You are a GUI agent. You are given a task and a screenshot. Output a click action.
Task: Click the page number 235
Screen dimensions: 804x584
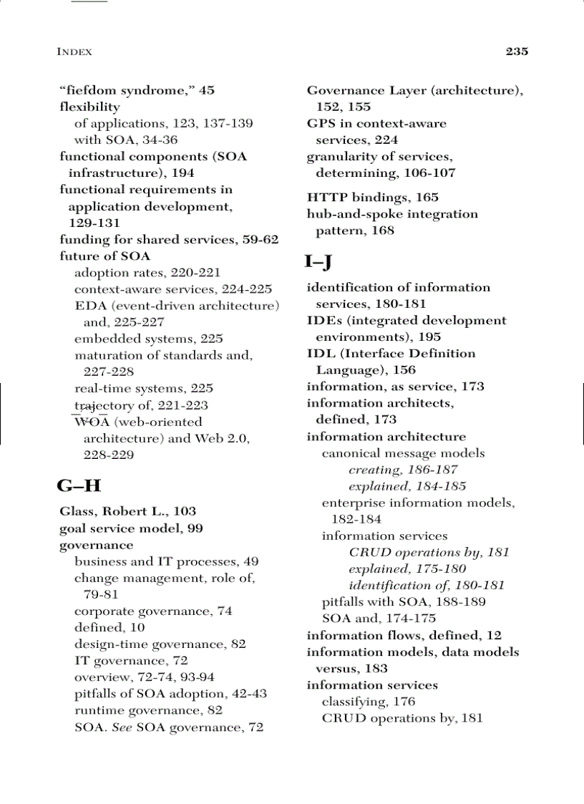(517, 52)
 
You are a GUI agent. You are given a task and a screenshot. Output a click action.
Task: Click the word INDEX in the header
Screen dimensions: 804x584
(74, 52)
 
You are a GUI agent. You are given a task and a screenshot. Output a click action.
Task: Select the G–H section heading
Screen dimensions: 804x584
(79, 487)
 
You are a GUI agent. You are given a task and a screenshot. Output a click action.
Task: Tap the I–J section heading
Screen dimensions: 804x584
(318, 262)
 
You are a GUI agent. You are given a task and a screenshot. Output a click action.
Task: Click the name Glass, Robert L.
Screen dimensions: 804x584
(113, 511)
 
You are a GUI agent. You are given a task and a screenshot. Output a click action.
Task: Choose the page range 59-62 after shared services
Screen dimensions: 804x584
(260, 240)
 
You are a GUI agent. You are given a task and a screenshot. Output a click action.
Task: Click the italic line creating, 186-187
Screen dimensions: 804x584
(403, 470)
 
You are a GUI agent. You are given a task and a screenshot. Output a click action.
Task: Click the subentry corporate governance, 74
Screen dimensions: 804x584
(153, 611)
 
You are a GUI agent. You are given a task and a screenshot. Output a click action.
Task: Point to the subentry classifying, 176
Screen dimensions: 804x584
(368, 702)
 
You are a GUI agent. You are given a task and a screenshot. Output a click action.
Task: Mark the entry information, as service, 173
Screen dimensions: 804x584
(395, 387)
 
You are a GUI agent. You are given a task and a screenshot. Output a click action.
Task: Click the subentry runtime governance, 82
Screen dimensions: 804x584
(148, 710)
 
